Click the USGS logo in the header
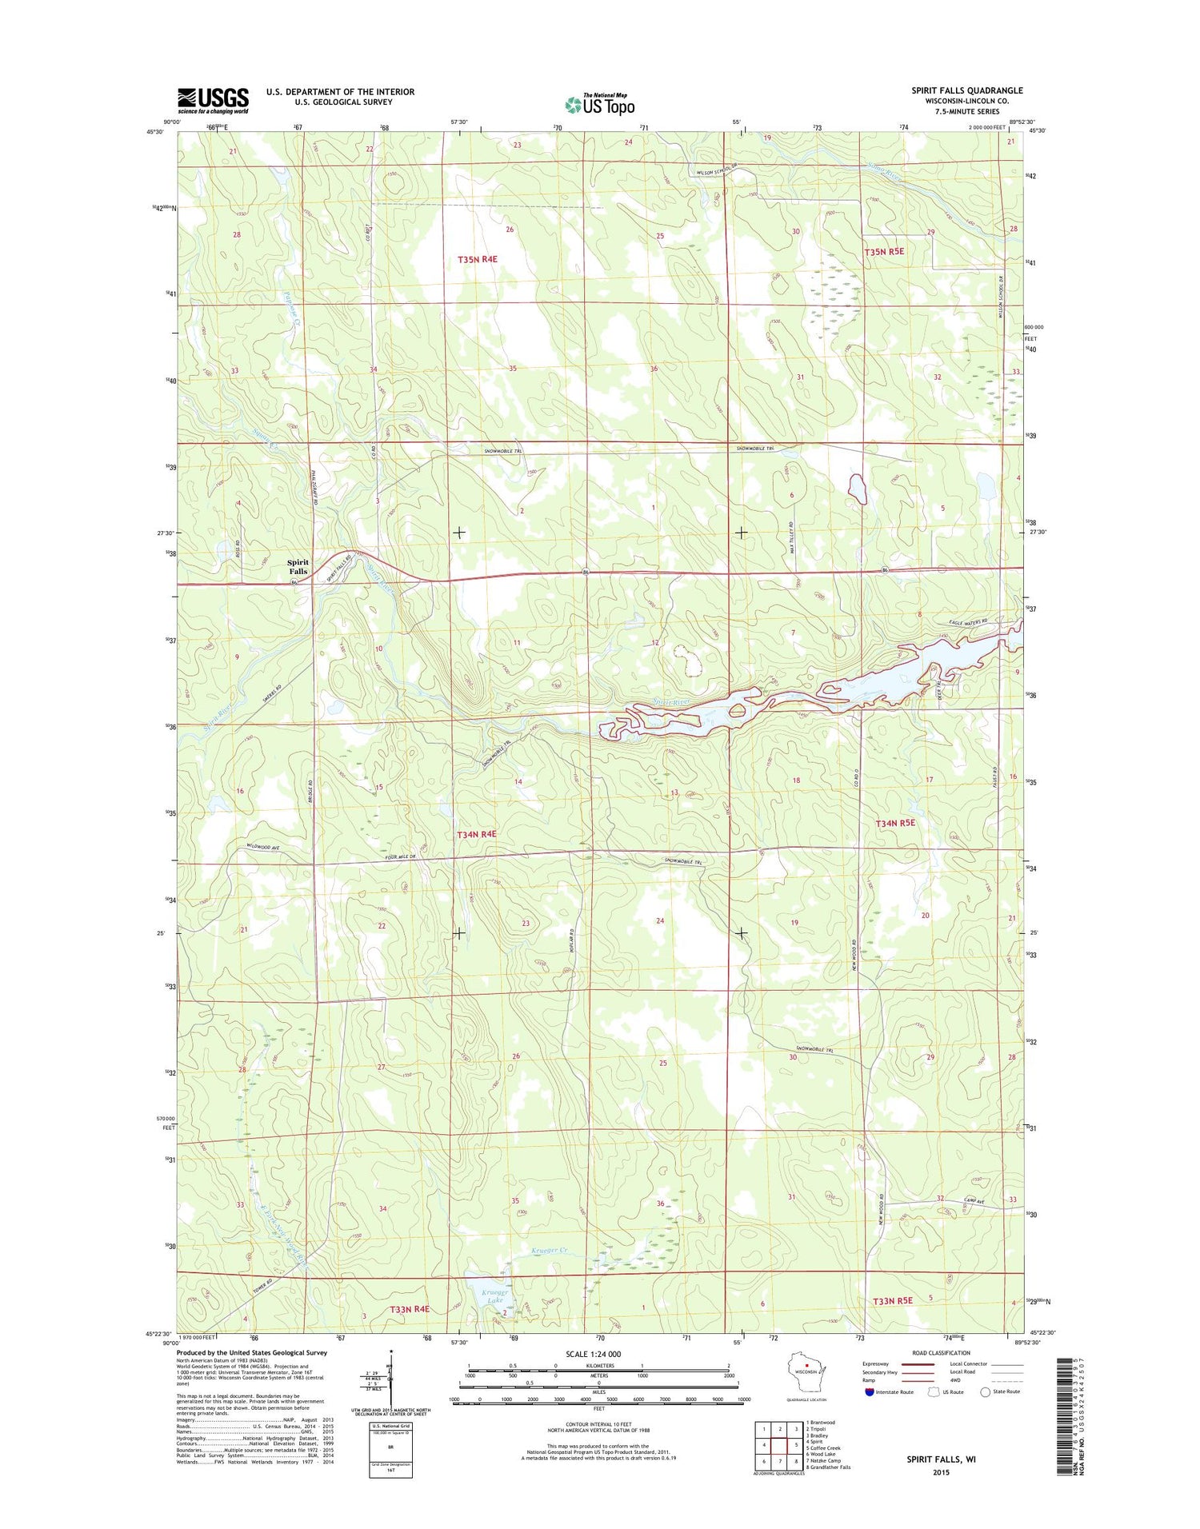213,100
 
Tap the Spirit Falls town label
298,566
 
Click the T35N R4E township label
477,259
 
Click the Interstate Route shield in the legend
870,1391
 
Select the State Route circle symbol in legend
985,1391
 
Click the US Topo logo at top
600,104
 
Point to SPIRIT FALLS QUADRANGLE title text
966,90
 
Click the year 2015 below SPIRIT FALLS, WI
940,1472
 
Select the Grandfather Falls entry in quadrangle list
829,1467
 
